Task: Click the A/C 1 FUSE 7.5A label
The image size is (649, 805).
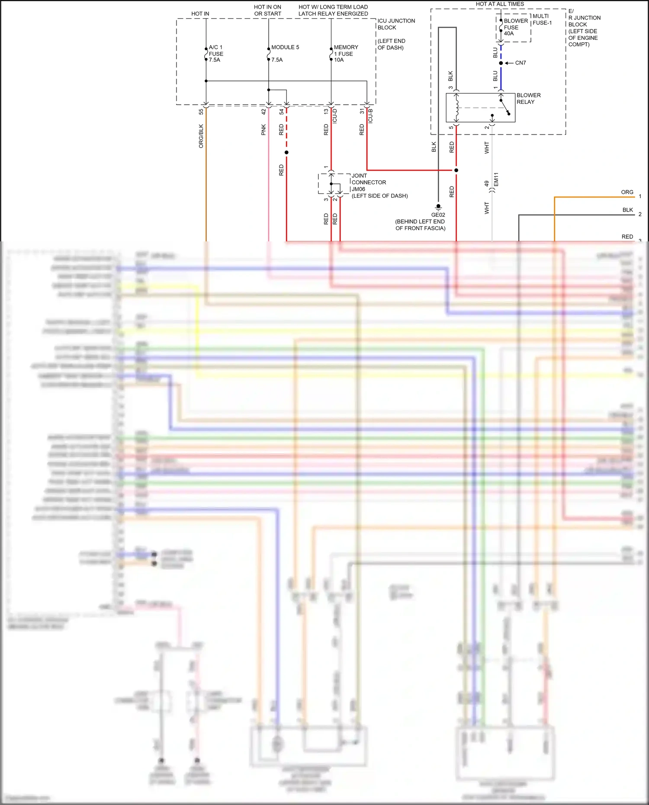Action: click(216, 54)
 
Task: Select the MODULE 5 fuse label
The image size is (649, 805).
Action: click(285, 47)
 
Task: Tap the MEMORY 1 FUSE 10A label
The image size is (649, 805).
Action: click(346, 54)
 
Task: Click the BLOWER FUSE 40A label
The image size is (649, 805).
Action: click(515, 27)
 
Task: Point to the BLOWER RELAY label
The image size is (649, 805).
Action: click(528, 99)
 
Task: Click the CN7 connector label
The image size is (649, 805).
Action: click(520, 63)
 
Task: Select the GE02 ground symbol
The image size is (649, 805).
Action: click(438, 207)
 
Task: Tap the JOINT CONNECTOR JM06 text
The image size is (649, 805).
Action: click(369, 183)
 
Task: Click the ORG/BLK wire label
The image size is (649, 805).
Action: click(201, 136)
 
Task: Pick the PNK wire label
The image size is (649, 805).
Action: click(263, 130)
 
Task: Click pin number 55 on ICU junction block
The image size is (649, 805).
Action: click(201, 112)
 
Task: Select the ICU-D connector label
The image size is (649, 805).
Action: click(335, 116)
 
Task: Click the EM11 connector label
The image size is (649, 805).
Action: click(496, 180)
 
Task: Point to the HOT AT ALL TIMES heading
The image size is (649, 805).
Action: click(500, 4)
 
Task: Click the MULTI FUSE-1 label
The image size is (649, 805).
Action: click(542, 19)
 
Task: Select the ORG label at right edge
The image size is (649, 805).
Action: click(627, 192)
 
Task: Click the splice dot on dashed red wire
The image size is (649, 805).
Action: click(286, 152)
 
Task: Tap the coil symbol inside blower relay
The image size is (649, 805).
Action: click(456, 108)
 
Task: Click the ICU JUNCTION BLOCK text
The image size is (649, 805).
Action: click(396, 24)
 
